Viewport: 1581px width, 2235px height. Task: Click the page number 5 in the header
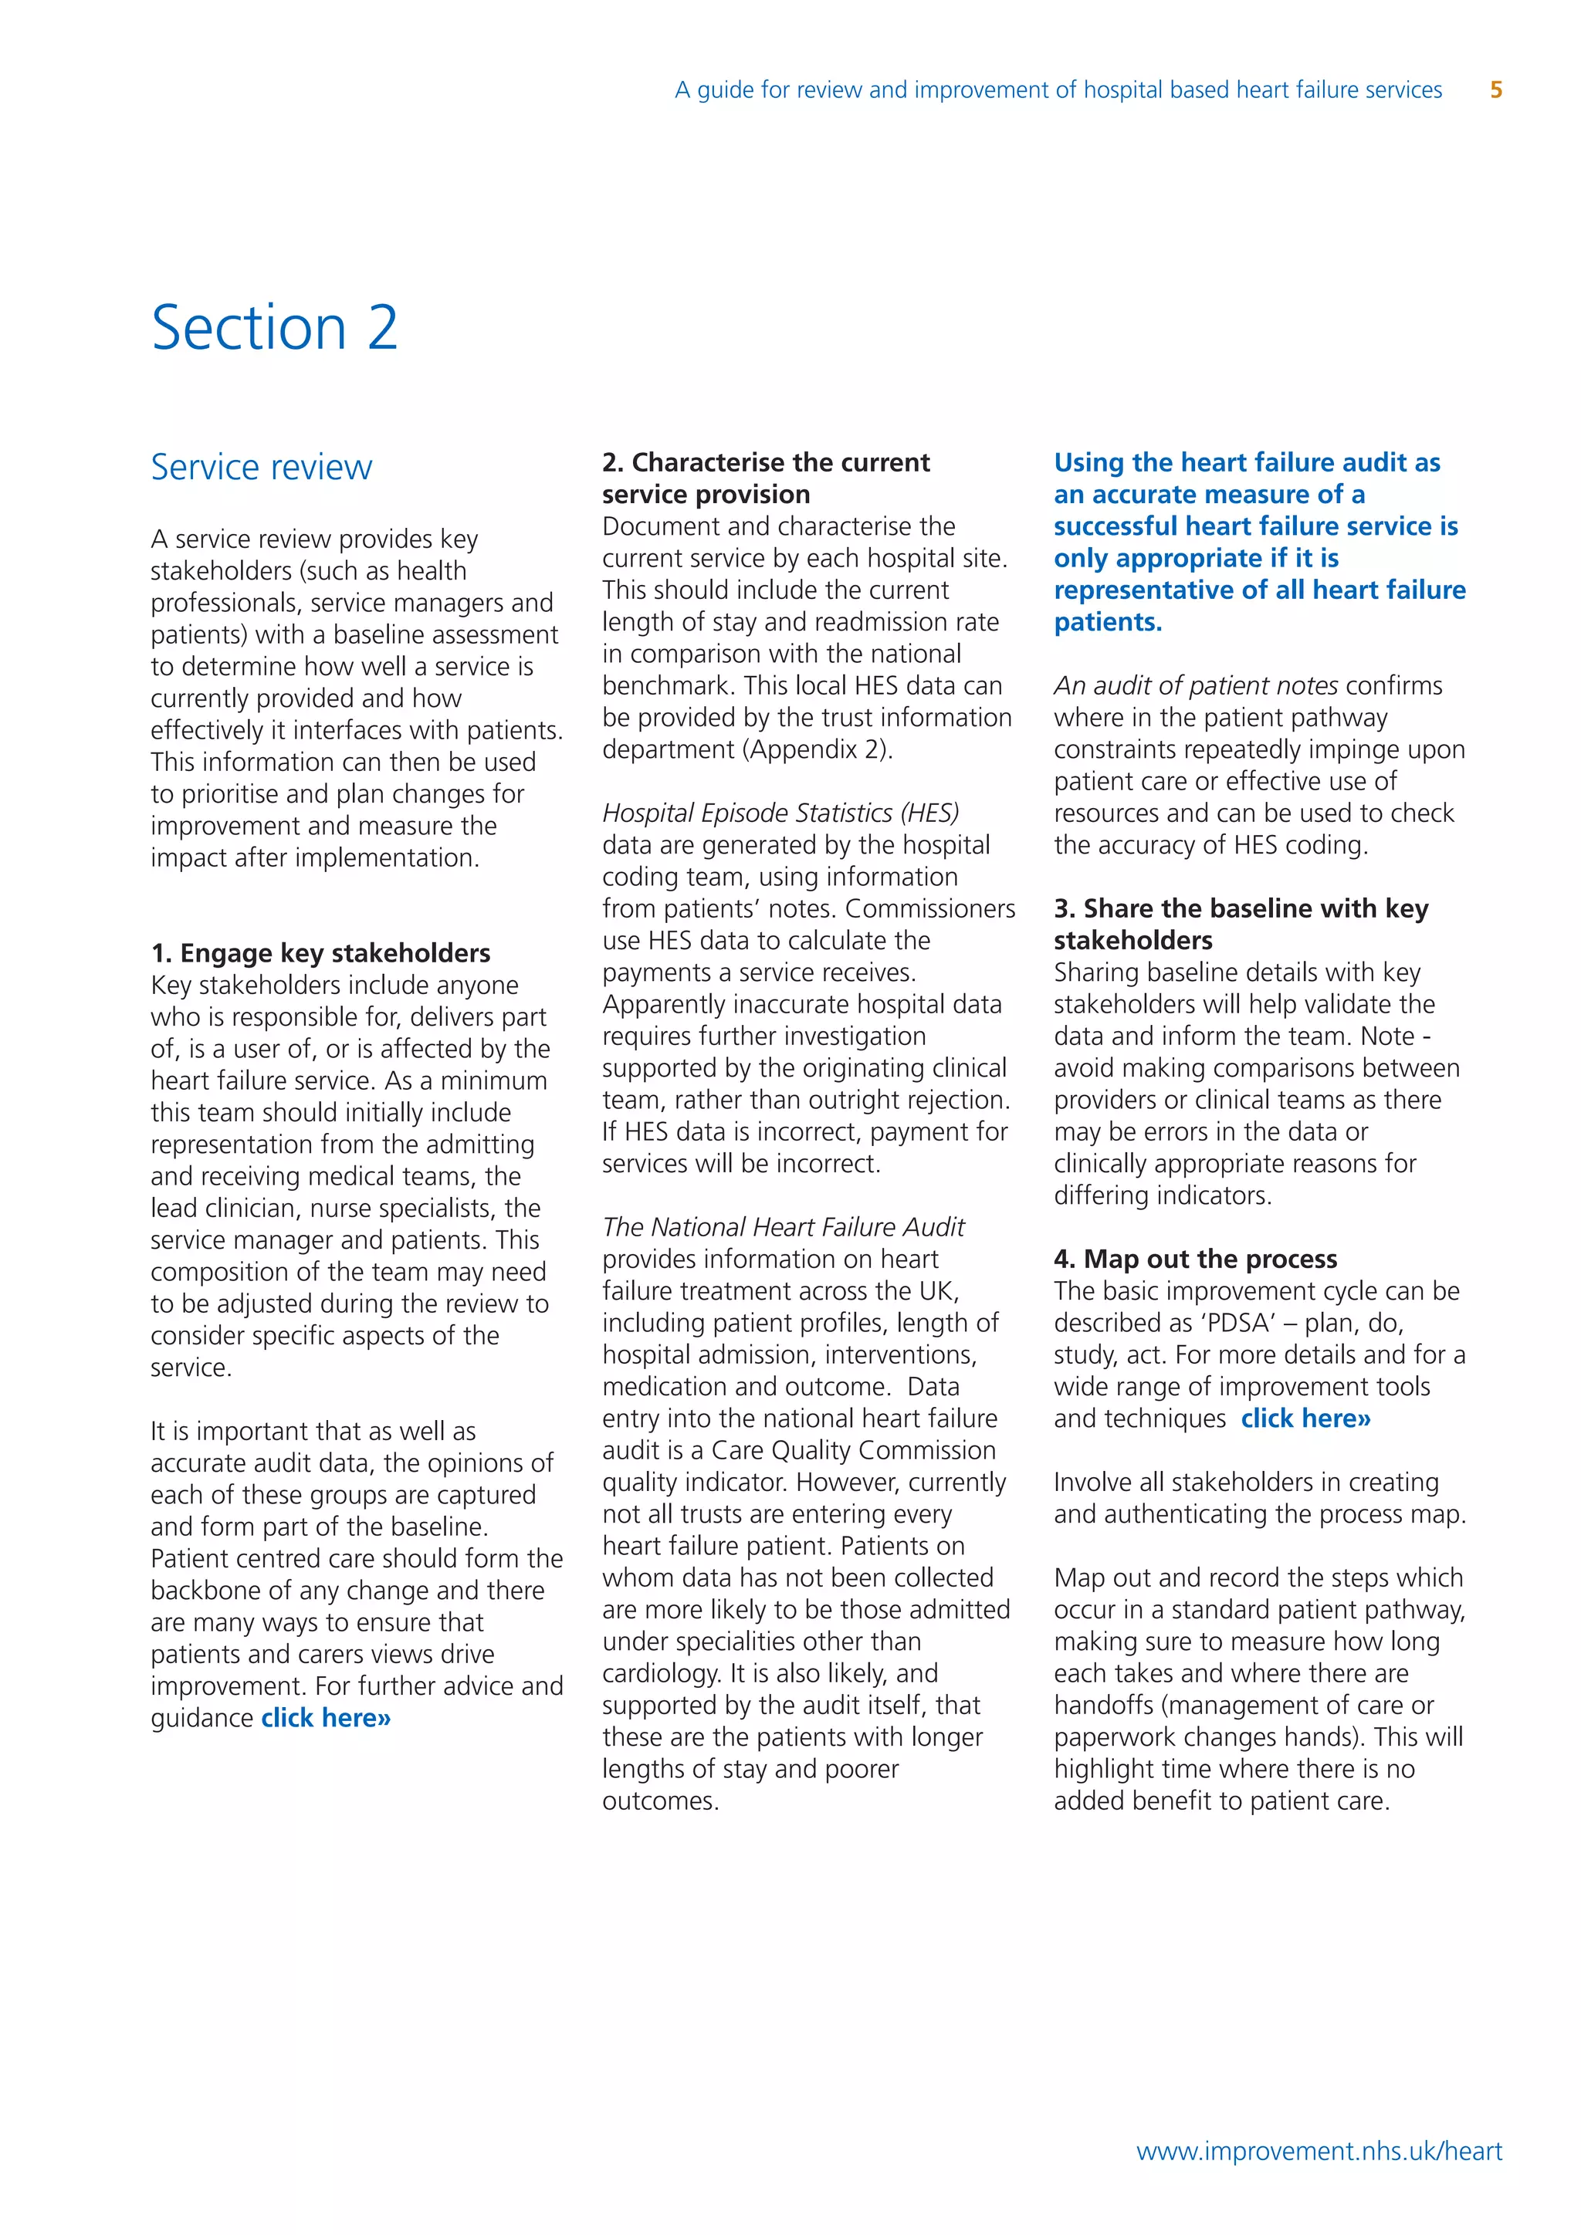[1496, 90]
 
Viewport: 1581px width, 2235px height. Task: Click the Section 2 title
[275, 327]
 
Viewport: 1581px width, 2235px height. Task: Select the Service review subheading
[261, 467]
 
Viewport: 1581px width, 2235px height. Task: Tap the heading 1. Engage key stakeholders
[320, 953]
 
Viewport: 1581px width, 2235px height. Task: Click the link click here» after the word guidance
[326, 1718]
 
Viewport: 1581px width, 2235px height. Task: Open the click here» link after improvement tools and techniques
[1305, 1418]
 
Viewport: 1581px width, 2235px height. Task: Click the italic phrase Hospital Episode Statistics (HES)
[780, 813]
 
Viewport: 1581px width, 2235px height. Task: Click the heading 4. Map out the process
[1196, 1259]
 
